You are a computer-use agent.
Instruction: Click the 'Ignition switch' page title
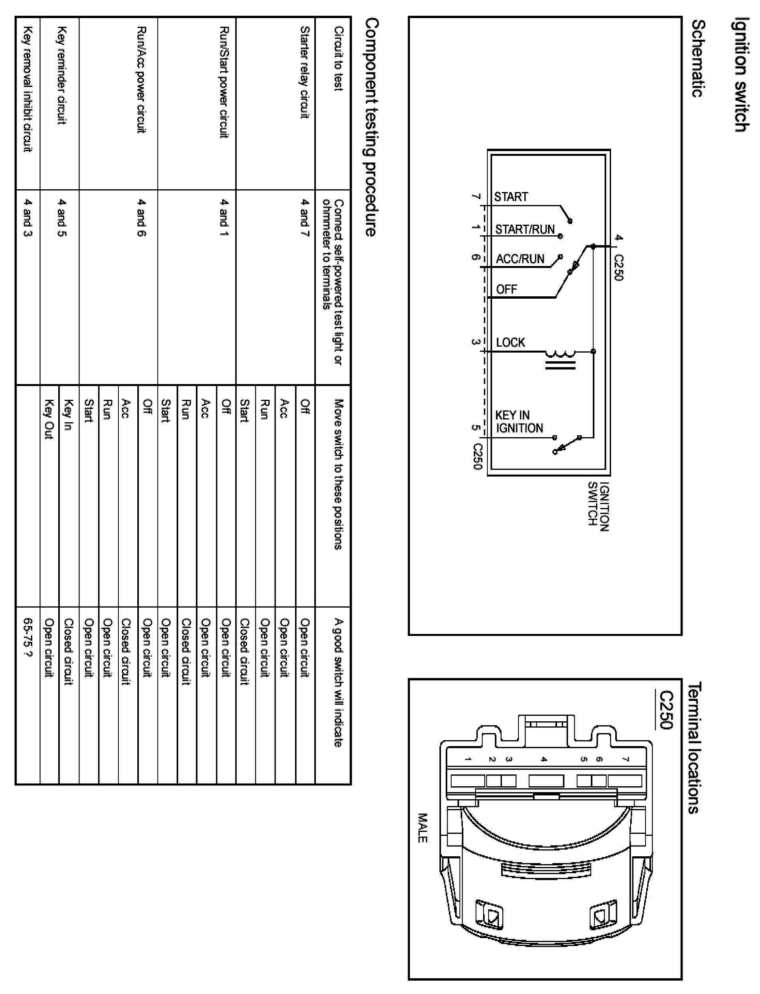pos(740,75)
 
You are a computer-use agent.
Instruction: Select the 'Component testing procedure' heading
pos(371,127)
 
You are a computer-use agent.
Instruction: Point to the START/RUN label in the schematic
pos(525,230)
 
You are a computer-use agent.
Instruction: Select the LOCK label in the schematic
pos(510,342)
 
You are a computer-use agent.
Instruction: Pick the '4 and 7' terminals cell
pos(305,218)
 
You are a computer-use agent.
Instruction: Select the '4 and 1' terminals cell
pos(224,218)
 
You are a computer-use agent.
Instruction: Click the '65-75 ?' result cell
pos(28,638)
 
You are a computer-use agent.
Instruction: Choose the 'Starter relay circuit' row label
pos(305,72)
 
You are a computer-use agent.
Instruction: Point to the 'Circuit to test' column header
pos(338,58)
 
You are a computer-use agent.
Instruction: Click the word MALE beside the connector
pos(422,828)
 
